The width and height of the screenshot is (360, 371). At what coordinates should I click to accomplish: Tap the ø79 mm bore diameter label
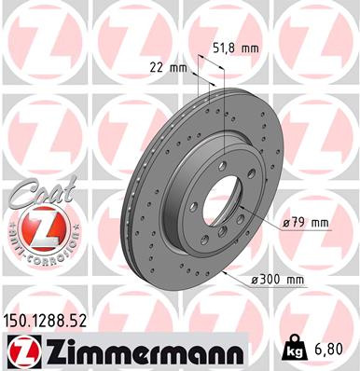[x=306, y=222]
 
